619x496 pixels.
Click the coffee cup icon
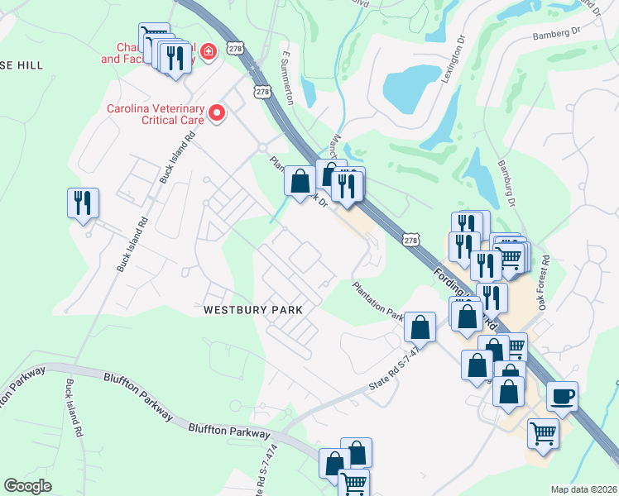(x=562, y=396)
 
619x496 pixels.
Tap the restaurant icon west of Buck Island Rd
(x=83, y=203)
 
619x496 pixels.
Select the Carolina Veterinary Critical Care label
(x=155, y=114)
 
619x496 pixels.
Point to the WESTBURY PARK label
(x=252, y=309)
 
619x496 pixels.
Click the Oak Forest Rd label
(x=544, y=282)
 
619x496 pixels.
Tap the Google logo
(x=28, y=486)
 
